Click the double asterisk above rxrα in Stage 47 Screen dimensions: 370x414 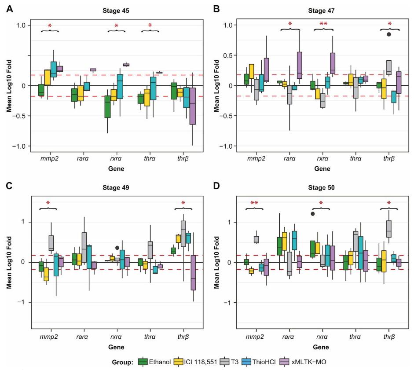coord(323,25)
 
